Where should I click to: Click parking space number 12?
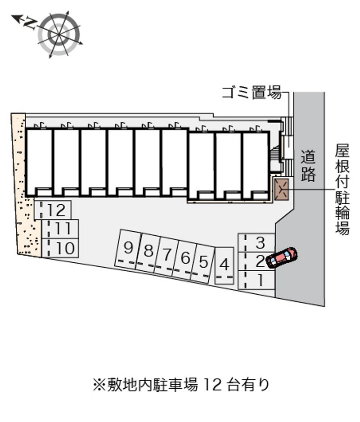point(53,210)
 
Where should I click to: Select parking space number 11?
point(60,229)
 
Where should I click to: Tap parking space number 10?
point(60,248)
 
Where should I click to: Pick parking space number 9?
point(128,249)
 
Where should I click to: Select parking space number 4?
point(224,265)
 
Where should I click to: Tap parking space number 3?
point(256,243)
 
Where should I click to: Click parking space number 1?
point(256,280)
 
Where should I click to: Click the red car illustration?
point(282,257)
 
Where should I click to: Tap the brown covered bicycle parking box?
point(281,190)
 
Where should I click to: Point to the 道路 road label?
point(308,165)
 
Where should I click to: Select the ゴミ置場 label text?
point(252,93)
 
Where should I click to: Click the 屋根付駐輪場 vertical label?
point(342,190)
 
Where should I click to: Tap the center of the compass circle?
point(59,35)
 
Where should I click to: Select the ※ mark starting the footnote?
point(99,385)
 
